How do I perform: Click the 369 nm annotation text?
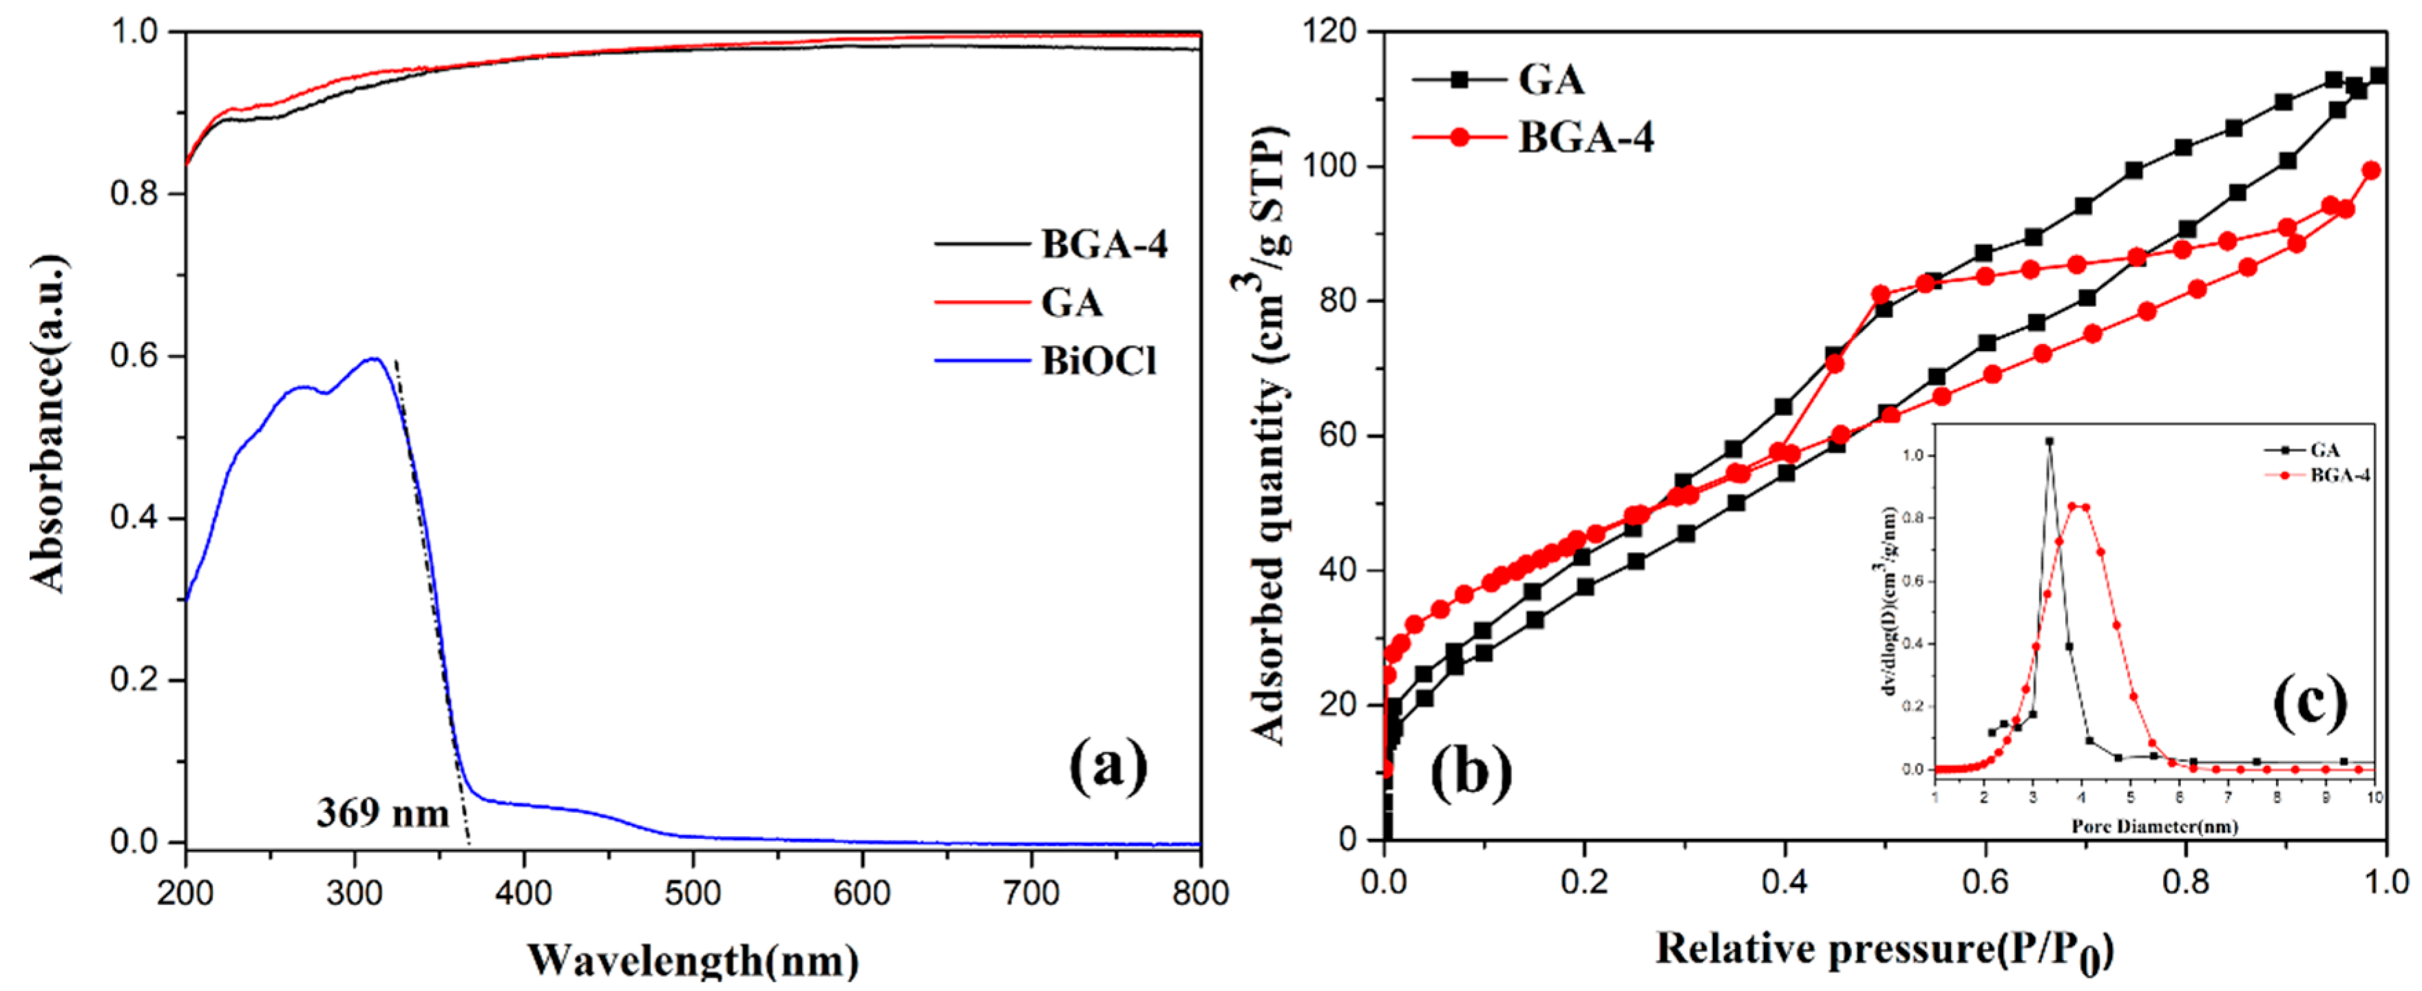coord(383,812)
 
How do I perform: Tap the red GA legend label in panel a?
coord(1072,303)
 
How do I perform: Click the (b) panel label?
coord(1471,773)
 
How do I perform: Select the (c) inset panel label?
coord(2310,701)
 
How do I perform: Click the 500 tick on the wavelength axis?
coord(693,893)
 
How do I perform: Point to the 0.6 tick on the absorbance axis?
coord(134,356)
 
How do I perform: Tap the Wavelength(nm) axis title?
coord(693,960)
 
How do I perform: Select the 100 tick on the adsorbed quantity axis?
coord(1327,167)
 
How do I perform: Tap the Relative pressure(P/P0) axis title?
coord(1885,950)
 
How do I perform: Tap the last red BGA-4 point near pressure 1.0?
coord(2371,170)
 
